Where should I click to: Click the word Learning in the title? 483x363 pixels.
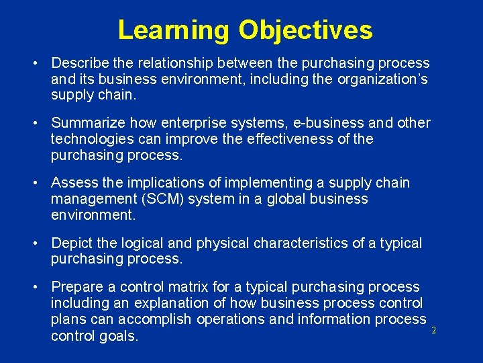(x=173, y=30)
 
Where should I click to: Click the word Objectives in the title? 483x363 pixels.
(x=305, y=30)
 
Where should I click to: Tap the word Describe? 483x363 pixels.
(x=79, y=63)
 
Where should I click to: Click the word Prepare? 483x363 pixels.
(x=76, y=287)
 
